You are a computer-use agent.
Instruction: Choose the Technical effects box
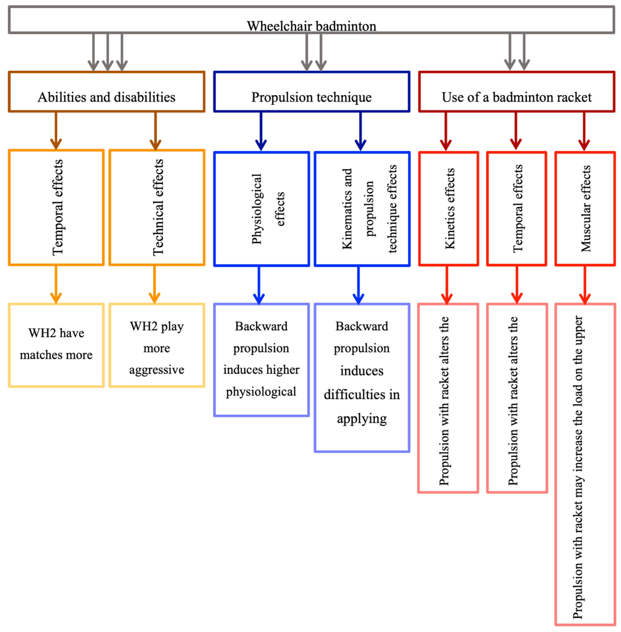(x=157, y=207)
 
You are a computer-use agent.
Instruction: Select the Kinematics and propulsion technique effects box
(x=362, y=209)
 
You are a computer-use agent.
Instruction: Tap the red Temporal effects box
(x=517, y=209)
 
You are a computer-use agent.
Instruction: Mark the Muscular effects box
(x=585, y=209)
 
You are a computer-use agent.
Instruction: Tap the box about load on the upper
(x=585, y=464)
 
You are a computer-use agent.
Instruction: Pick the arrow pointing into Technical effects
(x=156, y=131)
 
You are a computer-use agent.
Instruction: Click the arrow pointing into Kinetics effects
(x=446, y=131)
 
